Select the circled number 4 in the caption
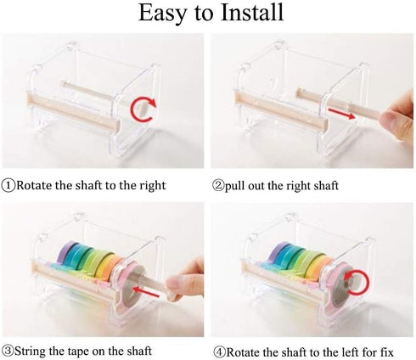[x=218, y=350]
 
